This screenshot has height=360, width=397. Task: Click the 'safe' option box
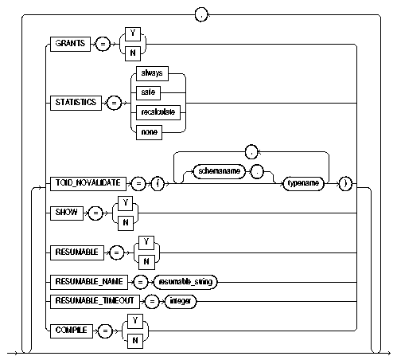point(154,92)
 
